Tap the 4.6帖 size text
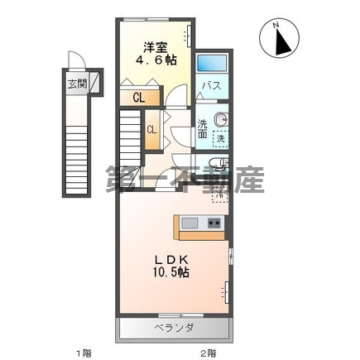coord(156,60)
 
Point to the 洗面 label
coord(203,129)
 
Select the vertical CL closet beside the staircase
coord(152,132)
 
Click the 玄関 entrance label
coord(76,84)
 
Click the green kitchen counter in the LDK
coord(198,223)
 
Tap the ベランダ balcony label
coord(174,329)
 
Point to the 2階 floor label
coord(206,353)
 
